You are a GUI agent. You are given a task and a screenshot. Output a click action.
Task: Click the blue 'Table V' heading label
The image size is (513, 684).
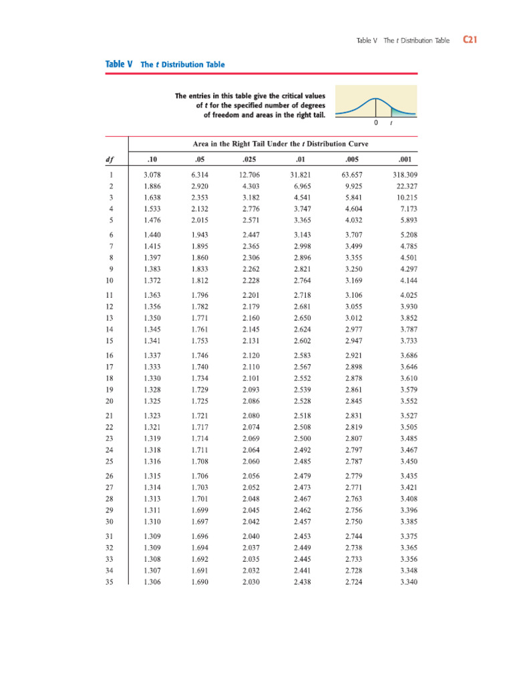click(x=120, y=65)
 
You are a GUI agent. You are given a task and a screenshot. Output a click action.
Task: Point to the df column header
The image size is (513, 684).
click(x=110, y=159)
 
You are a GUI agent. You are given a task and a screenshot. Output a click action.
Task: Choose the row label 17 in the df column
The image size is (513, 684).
click(x=110, y=367)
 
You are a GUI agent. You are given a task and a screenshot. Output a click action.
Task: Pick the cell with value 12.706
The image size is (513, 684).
click(x=250, y=174)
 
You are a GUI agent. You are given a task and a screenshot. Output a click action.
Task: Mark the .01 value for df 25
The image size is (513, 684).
click(x=302, y=461)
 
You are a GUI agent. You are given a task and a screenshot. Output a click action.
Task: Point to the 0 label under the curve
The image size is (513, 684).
click(x=375, y=124)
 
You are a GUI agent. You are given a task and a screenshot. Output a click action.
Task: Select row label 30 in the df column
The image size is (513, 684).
click(x=110, y=521)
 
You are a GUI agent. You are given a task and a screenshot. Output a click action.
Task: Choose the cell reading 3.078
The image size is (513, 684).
click(x=152, y=174)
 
